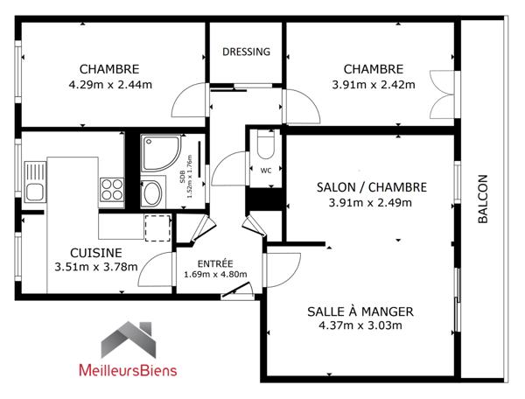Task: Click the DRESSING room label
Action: pos(246,52)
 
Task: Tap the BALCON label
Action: pos(482,199)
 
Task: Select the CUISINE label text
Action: pos(95,253)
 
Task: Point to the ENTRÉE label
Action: pos(215,263)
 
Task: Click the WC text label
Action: pos(266,171)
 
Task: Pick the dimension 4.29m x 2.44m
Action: pos(110,85)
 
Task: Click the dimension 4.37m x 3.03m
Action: pos(360,325)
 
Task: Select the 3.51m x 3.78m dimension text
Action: pos(96,267)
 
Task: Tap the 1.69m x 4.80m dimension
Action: pos(215,275)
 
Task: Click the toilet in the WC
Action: pos(266,144)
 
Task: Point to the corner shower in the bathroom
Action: pos(161,153)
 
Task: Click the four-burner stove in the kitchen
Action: pos(112,190)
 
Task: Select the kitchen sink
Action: pos(35,182)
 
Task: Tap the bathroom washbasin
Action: pos(152,192)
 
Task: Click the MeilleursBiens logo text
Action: pos(128,370)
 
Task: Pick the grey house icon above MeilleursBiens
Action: pos(129,339)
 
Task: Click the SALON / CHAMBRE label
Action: pos(372,187)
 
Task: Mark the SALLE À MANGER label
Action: pos(360,311)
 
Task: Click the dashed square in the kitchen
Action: pos(157,228)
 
